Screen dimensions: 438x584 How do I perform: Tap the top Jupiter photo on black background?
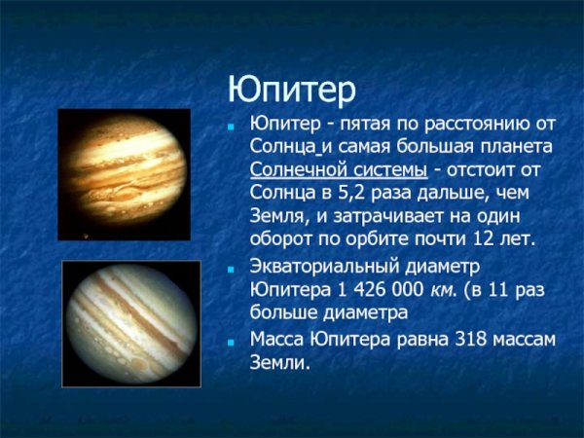[122, 174]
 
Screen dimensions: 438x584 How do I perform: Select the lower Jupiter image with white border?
[131, 322]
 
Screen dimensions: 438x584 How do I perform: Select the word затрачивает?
[372, 215]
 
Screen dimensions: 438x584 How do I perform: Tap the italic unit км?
[439, 289]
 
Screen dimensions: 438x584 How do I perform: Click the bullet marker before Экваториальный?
[231, 267]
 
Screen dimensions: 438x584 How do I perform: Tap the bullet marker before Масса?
[231, 342]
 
